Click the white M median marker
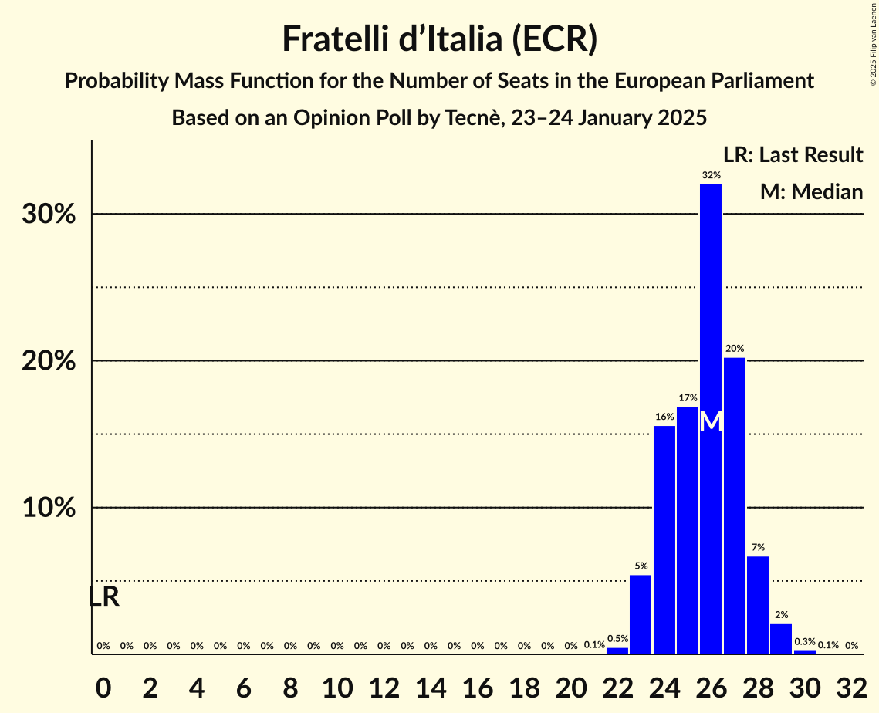pyautogui.click(x=712, y=422)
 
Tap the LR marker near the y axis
pyautogui.click(x=103, y=596)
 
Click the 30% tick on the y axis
pyautogui.click(x=49, y=215)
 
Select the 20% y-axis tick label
pyautogui.click(x=49, y=361)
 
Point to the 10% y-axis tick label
pyautogui.click(x=49, y=509)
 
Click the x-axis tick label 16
pyautogui.click(x=477, y=685)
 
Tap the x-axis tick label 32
pyautogui.click(x=851, y=685)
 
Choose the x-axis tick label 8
pyautogui.click(x=290, y=685)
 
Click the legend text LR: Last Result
pyautogui.click(x=793, y=155)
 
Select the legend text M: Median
pyautogui.click(x=811, y=191)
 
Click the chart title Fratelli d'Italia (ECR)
pyautogui.click(x=439, y=39)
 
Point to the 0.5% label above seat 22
pyautogui.click(x=617, y=639)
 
